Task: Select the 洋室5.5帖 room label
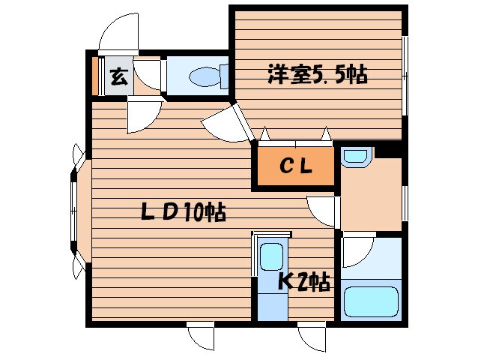tap(317, 74)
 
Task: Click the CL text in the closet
tap(296, 166)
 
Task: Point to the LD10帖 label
tap(184, 213)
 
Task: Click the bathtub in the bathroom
tap(372, 301)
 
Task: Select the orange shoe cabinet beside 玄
tap(97, 76)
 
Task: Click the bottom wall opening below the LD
tap(201, 335)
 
